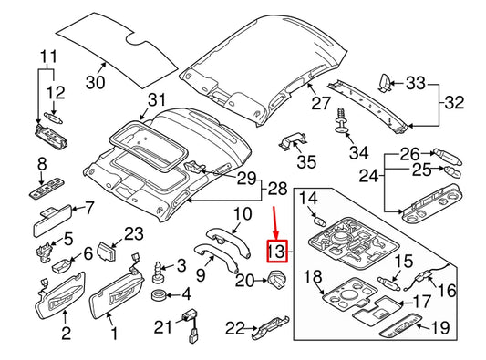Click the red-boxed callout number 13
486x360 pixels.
tap(276, 251)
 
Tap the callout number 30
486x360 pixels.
tap(96, 83)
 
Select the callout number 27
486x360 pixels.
tap(319, 105)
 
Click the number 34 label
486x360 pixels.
tap(360, 151)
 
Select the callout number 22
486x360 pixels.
tap(236, 328)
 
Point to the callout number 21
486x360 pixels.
tap(163, 327)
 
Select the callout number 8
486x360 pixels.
tap(40, 164)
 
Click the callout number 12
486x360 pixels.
tap(56, 92)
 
